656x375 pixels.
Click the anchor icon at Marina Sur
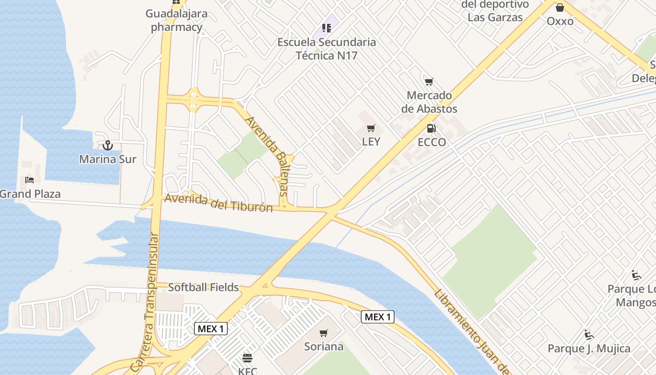[x=108, y=145]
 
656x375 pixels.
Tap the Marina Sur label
[x=108, y=159]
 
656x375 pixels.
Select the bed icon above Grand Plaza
[x=30, y=180]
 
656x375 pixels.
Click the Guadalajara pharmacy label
[x=176, y=20]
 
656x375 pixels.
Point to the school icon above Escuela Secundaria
[x=327, y=28]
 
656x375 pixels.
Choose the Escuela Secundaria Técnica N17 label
[x=327, y=49]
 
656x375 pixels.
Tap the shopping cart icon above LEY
[x=371, y=128]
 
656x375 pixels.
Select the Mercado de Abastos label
[x=429, y=102]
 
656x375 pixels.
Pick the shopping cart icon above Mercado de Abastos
[x=429, y=82]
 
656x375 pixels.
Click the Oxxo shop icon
[x=559, y=7]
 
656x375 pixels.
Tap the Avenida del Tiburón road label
[x=218, y=203]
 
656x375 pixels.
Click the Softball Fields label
[x=203, y=287]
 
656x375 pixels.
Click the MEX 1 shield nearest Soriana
[x=378, y=317]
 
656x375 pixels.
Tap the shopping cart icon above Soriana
[x=323, y=333]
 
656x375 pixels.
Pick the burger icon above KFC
[x=247, y=358]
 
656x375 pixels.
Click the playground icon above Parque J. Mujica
[x=589, y=335]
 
